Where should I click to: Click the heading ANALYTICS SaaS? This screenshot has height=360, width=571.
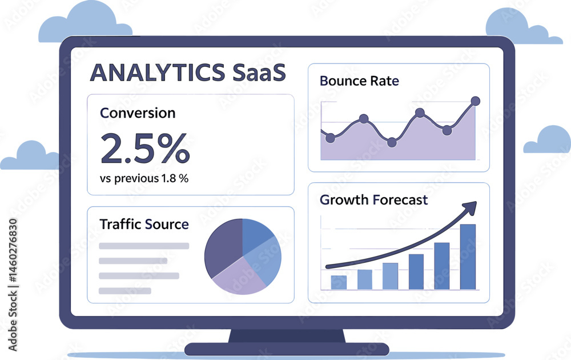[x=188, y=74]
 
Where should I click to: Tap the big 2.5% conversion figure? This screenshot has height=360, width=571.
[x=144, y=149]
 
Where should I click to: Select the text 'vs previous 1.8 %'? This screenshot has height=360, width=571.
[x=144, y=178]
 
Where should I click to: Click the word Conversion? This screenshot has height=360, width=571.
[x=138, y=113]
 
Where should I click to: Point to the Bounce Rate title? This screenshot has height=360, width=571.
[x=359, y=81]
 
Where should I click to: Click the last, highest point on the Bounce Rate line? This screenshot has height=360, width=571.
[x=475, y=101]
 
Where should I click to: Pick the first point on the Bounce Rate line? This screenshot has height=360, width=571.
[x=330, y=138]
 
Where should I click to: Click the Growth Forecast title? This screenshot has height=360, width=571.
[x=373, y=200]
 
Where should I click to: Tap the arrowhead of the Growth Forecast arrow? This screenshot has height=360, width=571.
[x=471, y=206]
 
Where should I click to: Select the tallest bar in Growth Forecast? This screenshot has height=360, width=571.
[x=468, y=257]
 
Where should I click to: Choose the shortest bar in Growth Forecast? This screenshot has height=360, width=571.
[x=339, y=282]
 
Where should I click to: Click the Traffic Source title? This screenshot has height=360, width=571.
[x=144, y=224]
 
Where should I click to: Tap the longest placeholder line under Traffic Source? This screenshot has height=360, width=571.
[x=144, y=246]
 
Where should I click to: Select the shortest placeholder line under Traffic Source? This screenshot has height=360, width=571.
[x=125, y=291]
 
